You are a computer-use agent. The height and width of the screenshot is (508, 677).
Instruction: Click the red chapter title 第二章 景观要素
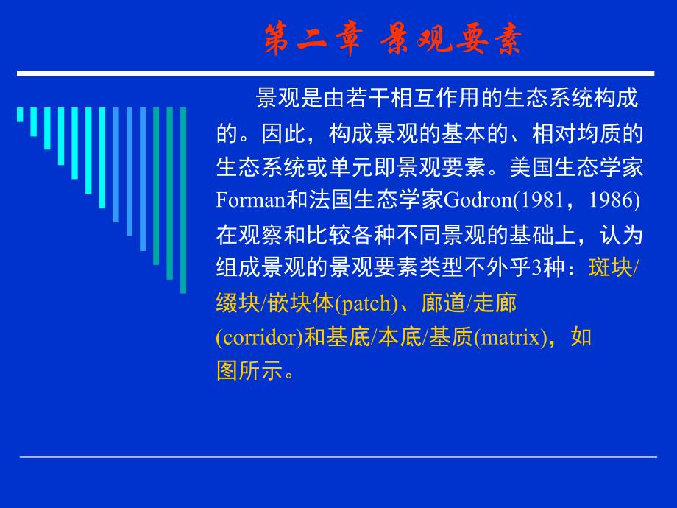[394, 39]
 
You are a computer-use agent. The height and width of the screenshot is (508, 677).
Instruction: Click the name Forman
[250, 200]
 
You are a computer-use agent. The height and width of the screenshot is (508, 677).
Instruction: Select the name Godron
[478, 200]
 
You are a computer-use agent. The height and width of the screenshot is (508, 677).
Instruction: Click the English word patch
[366, 303]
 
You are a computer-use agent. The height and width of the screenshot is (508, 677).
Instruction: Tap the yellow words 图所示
[249, 370]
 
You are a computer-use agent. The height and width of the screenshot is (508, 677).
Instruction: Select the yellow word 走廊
[495, 303]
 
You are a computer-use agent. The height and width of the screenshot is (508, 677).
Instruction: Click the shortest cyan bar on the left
[20, 114]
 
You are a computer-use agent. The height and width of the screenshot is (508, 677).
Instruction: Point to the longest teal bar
[183, 200]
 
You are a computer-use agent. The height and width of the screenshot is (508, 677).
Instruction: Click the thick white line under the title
[336, 74]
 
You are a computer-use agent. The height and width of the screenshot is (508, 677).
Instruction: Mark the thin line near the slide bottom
[338, 456]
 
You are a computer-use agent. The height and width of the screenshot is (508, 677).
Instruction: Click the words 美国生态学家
[576, 167]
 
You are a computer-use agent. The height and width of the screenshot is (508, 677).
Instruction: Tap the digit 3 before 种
[536, 268]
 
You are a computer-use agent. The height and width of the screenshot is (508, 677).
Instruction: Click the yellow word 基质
[451, 337]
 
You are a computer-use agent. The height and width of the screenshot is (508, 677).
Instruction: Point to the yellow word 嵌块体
[300, 303]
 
